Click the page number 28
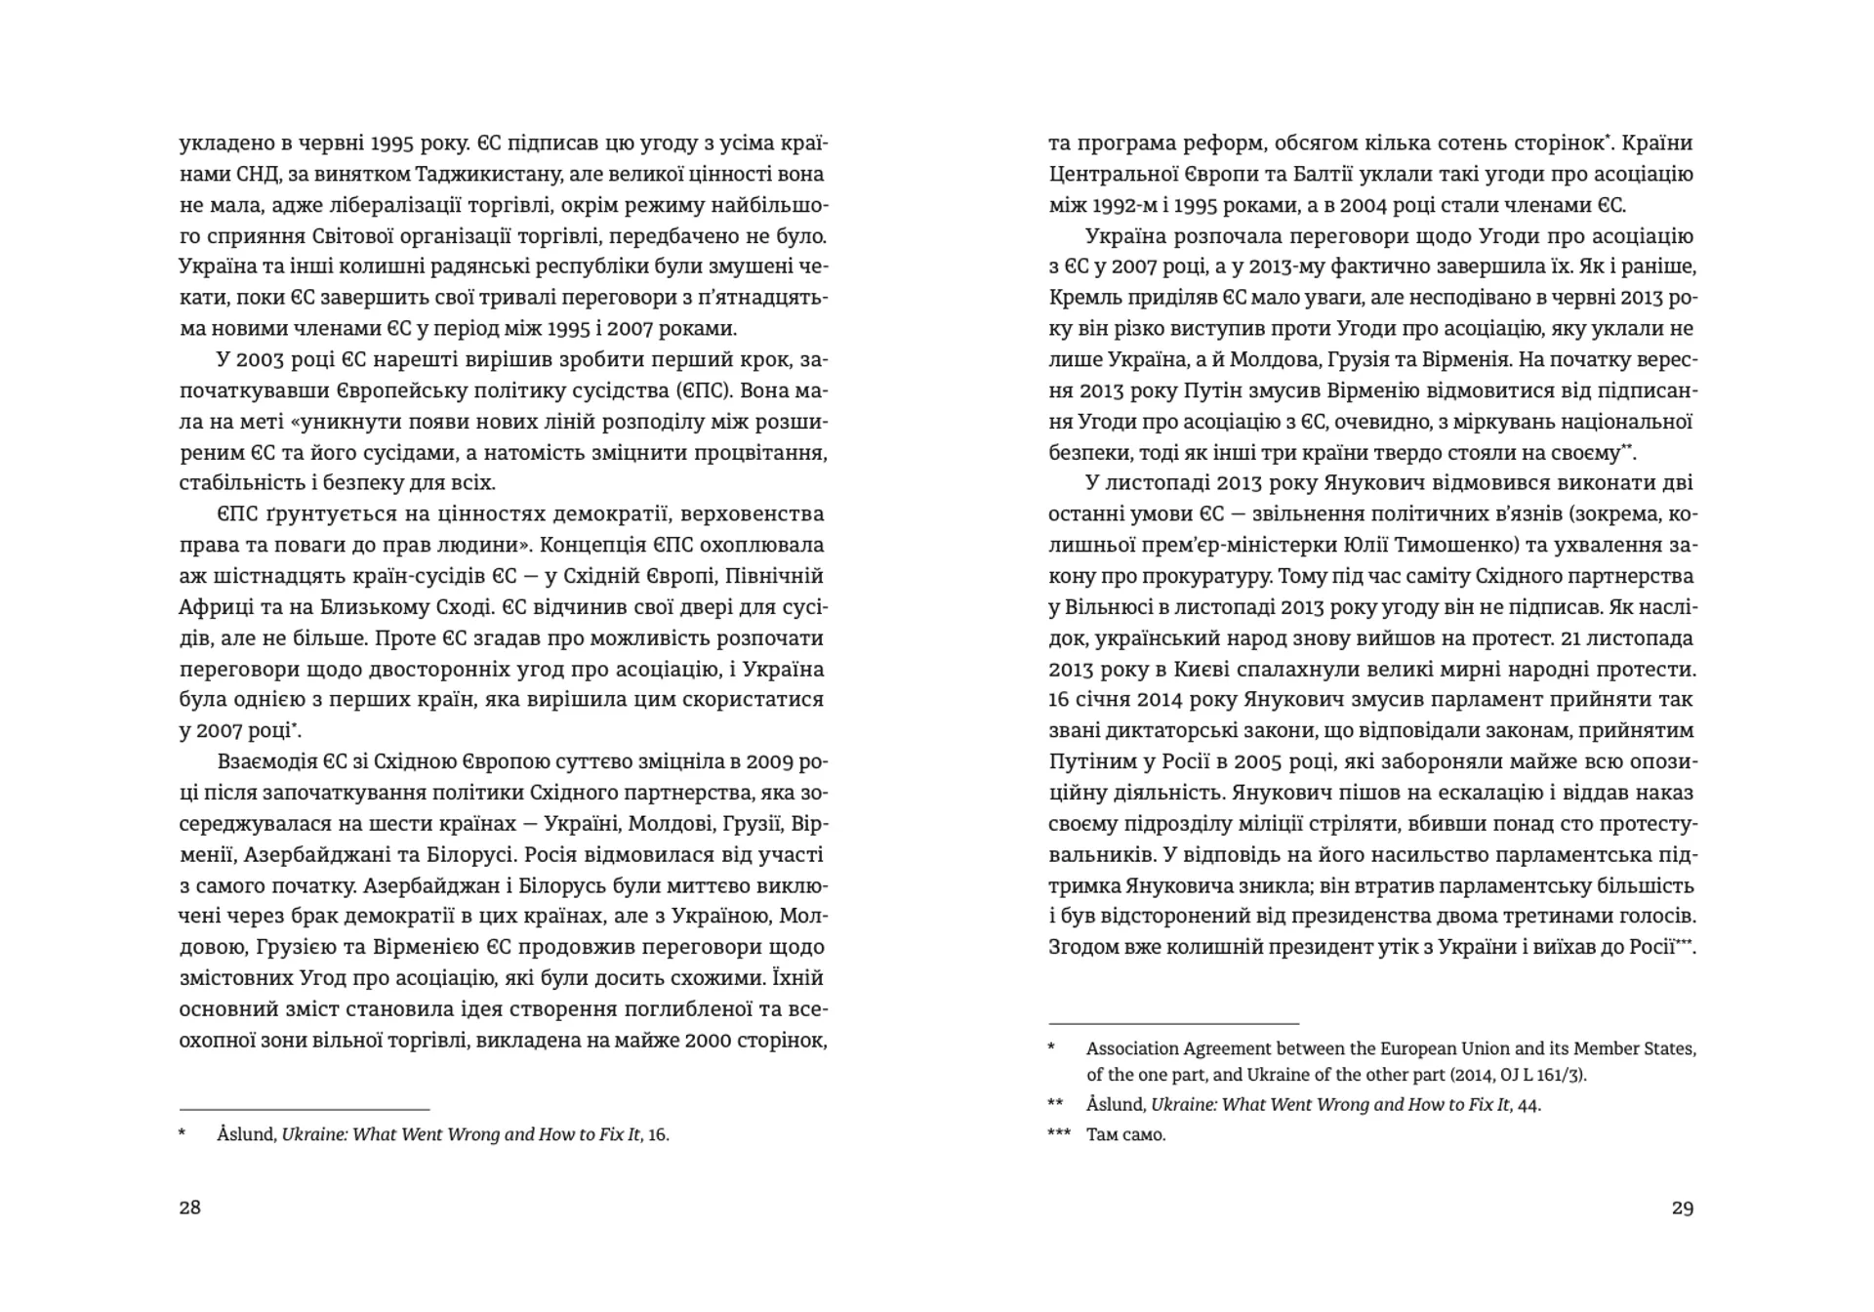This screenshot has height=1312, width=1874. click(190, 1208)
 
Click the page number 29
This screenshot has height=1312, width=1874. click(1683, 1208)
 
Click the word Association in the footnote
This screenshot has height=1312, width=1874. click(1131, 1049)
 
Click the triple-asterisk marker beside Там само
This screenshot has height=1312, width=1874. click(1058, 1133)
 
